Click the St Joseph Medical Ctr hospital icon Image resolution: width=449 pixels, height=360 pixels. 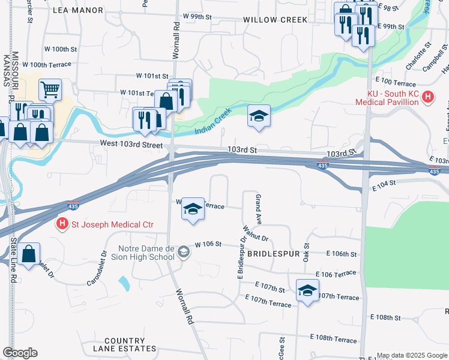62,225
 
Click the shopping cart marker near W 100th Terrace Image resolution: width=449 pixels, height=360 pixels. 50,90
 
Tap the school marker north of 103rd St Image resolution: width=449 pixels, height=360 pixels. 259,116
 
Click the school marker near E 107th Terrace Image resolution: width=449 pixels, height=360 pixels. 307,291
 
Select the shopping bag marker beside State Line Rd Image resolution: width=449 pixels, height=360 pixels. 29,254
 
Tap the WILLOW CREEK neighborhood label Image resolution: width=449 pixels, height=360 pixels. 275,20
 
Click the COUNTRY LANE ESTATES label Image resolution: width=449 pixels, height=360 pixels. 124,344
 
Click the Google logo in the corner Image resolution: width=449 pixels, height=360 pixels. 19,353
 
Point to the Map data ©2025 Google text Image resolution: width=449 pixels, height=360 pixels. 411,355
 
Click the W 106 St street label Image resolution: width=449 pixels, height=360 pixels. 208,245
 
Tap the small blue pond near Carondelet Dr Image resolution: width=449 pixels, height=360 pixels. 124,282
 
